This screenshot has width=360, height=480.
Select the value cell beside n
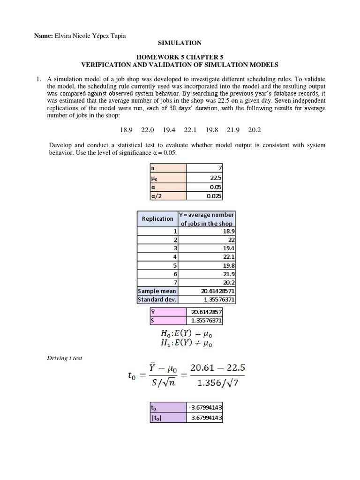(x=205, y=167)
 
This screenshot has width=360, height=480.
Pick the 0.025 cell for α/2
(x=205, y=196)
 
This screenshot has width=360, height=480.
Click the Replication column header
(x=157, y=219)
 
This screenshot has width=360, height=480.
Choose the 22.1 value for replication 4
(x=206, y=256)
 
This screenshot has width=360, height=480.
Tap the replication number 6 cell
(x=157, y=274)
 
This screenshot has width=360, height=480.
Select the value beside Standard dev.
(x=206, y=300)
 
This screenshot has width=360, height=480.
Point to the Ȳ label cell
(x=167, y=312)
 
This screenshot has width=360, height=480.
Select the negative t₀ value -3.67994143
(x=204, y=409)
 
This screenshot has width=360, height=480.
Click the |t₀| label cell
(x=167, y=418)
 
